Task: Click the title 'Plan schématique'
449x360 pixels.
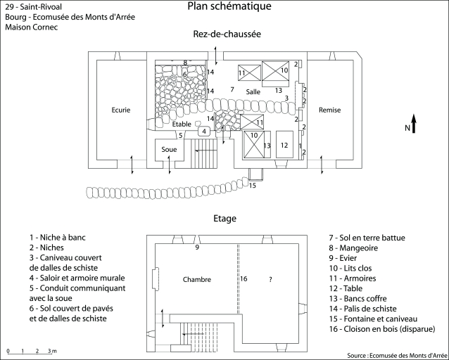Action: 229,7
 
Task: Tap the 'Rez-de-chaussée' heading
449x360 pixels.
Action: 227,34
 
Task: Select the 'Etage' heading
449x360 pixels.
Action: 225,219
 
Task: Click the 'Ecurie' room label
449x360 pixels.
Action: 121,110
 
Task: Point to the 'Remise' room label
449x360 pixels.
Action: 329,110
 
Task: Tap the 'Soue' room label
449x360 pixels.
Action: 169,149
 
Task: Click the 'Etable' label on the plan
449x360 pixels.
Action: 182,124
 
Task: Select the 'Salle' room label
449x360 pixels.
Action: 253,93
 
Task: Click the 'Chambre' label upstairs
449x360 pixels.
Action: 196,279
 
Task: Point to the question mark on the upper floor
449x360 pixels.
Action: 270,279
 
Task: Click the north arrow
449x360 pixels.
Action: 415,124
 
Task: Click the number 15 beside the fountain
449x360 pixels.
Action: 252,186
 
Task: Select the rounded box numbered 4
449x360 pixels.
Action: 203,131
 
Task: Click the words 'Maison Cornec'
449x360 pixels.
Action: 31,27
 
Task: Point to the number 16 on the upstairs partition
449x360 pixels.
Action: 244,279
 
